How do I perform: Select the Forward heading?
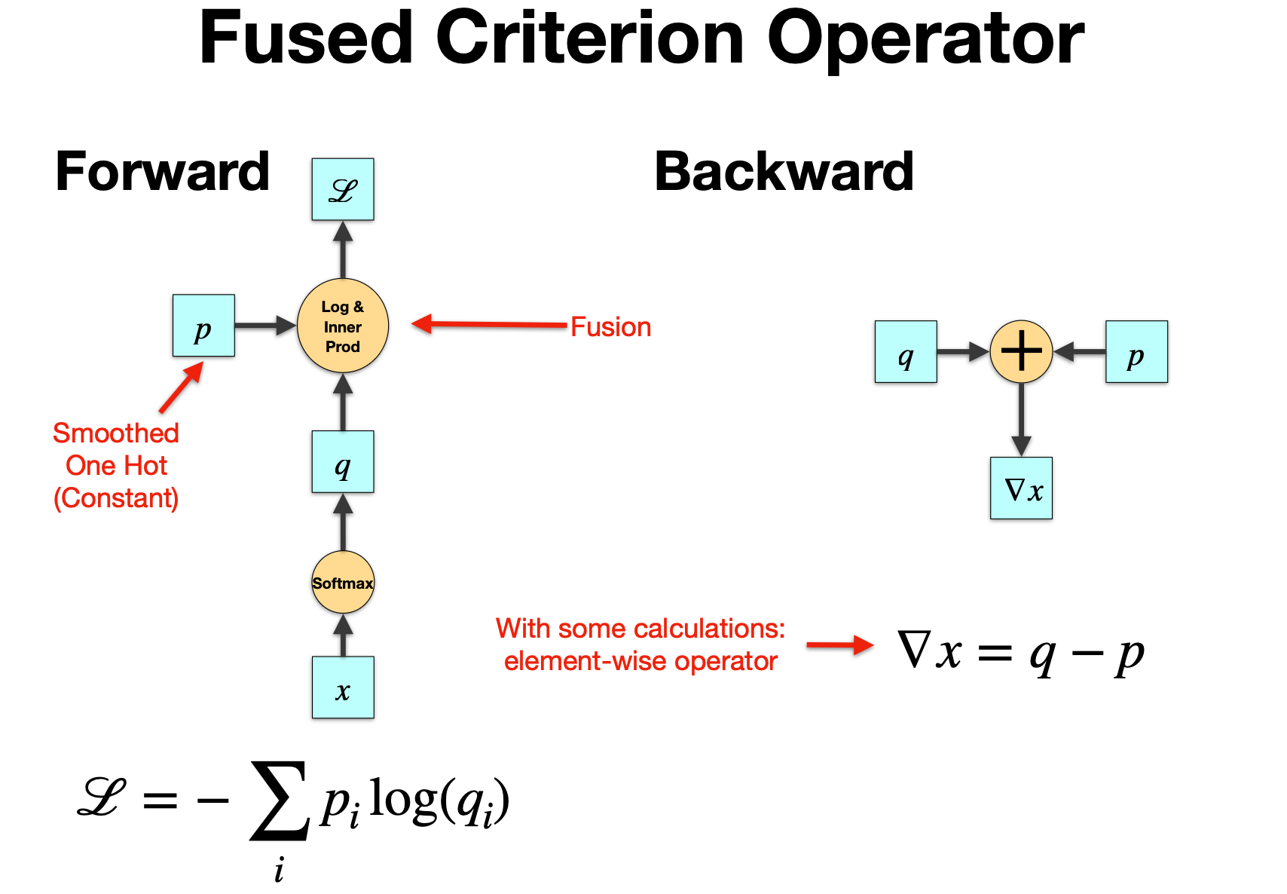pyautogui.click(x=162, y=172)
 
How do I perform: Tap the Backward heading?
pyautogui.click(x=784, y=172)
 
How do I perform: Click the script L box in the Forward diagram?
pyautogui.click(x=343, y=189)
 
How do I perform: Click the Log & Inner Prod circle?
pyautogui.click(x=343, y=326)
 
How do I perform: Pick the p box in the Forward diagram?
pyautogui.click(x=203, y=326)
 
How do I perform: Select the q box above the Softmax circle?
pyautogui.click(x=343, y=462)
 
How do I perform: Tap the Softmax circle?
pyautogui.click(x=343, y=583)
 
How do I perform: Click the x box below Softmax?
pyautogui.click(x=343, y=687)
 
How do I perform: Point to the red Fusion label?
pyautogui.click(x=610, y=327)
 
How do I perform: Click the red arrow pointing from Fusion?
pyautogui.click(x=490, y=325)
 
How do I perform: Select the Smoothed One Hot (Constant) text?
pyautogui.click(x=116, y=466)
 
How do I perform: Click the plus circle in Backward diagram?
pyautogui.click(x=1021, y=351)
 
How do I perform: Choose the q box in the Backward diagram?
pyautogui.click(x=906, y=352)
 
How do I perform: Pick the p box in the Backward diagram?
pyautogui.click(x=1136, y=352)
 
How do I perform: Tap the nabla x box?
pyautogui.click(x=1021, y=488)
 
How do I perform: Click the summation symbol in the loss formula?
pyautogui.click(x=279, y=801)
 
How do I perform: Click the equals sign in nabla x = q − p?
pyautogui.click(x=995, y=653)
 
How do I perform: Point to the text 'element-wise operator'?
pyautogui.click(x=640, y=661)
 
